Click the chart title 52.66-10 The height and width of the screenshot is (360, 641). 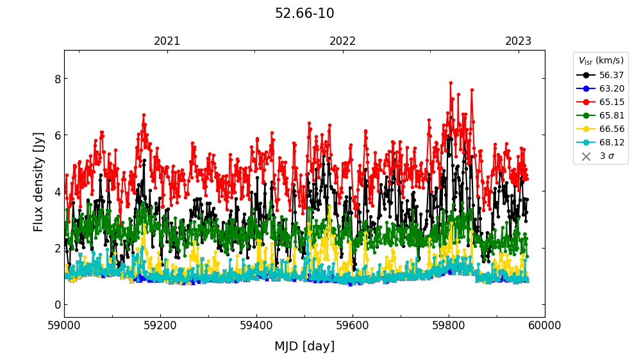[304, 13]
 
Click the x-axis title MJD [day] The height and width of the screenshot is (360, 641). [304, 347]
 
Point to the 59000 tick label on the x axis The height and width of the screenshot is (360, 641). [64, 325]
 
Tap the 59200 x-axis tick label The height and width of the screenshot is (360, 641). [160, 325]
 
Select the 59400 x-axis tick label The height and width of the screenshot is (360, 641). [256, 325]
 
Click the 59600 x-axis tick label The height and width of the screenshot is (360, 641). [353, 325]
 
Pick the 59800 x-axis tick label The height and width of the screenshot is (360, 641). [449, 325]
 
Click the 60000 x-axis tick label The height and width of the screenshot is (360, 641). [545, 325]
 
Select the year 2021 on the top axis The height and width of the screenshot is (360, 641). [167, 42]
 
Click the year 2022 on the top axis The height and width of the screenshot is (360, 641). [342, 42]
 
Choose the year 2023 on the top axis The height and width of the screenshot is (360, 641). [518, 42]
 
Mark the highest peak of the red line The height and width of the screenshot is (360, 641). [451, 83]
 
